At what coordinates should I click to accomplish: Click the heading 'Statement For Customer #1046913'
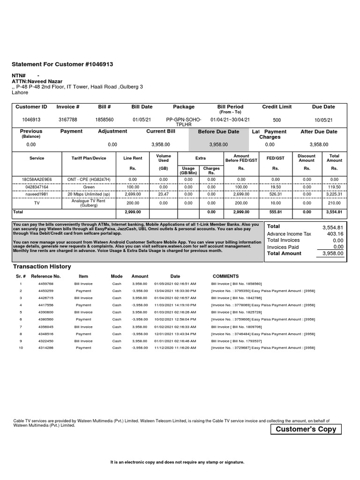coord(62,64)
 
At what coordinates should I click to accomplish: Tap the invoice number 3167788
coord(68,120)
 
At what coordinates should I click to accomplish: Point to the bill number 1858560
coord(104,120)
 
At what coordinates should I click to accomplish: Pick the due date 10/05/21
coord(323,120)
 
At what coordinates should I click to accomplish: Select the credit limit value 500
coord(277,120)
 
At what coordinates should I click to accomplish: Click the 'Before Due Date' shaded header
coord(218,132)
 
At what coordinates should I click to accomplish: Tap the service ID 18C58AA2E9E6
coord(37,180)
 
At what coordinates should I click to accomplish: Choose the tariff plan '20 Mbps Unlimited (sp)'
coord(89,194)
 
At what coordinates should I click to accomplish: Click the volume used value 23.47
coord(163,194)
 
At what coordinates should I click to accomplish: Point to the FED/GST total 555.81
coord(276,212)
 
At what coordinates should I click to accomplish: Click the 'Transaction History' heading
coord(42,267)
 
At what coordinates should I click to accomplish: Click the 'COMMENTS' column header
coord(225,277)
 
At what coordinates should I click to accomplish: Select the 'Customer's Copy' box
coord(306,429)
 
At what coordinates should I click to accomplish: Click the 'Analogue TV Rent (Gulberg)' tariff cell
coord(89,203)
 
